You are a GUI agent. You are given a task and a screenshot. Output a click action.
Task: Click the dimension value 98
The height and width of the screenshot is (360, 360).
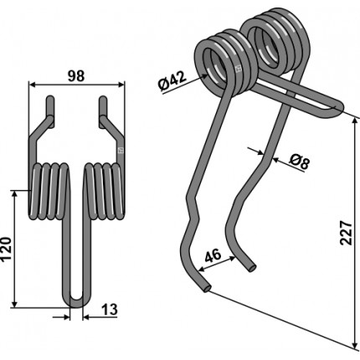(76, 76)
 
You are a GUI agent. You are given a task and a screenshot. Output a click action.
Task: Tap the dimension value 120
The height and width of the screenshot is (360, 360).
(6, 249)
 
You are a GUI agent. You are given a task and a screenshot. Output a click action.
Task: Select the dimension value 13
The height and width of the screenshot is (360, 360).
(109, 310)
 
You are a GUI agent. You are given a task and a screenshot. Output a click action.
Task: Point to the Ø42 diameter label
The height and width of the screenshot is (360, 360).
(172, 81)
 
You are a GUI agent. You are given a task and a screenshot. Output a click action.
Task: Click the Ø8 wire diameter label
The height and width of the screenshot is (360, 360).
(300, 162)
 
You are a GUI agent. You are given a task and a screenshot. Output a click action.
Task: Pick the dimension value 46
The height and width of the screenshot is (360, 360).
(213, 255)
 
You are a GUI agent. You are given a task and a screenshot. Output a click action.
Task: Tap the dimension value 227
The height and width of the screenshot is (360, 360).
(346, 233)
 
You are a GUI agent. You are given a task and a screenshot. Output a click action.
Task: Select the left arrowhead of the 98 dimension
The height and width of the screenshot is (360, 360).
(32, 85)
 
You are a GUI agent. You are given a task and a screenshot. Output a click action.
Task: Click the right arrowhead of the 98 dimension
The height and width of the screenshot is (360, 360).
(121, 85)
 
